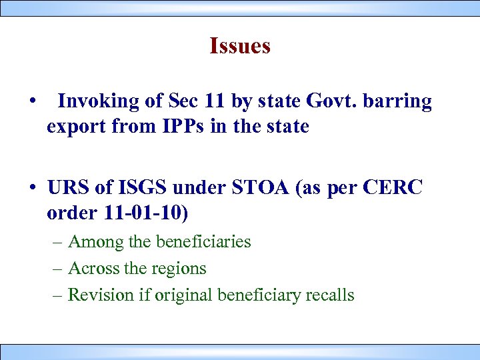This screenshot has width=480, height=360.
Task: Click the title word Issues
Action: [239, 46]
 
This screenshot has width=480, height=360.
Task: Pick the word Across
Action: [94, 269]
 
